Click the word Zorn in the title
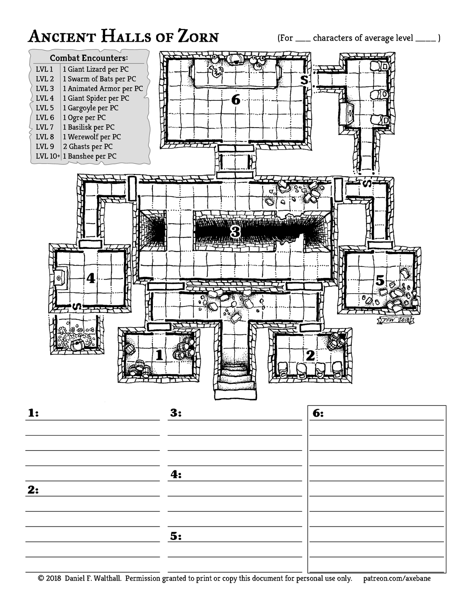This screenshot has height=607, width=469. coord(198,37)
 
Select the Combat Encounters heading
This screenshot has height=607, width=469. coord(89,58)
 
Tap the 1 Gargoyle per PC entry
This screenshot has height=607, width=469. coord(91,108)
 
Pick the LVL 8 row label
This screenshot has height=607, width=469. coord(45,137)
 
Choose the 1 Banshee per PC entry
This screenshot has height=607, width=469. coord(90,156)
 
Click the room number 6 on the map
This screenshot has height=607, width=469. coord(236,99)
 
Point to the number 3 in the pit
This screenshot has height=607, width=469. coord(235,232)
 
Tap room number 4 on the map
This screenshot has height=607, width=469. coord(91,278)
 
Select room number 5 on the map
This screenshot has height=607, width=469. coord(380,281)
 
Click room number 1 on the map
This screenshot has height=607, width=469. coord(159,355)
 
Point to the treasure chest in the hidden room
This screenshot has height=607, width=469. coord(77,345)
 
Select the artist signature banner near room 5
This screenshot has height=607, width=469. coord(396,320)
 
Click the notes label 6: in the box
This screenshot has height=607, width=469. coord(318,413)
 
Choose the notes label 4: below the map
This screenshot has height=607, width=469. coord(176,475)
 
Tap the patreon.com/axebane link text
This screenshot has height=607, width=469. coord(397,578)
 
